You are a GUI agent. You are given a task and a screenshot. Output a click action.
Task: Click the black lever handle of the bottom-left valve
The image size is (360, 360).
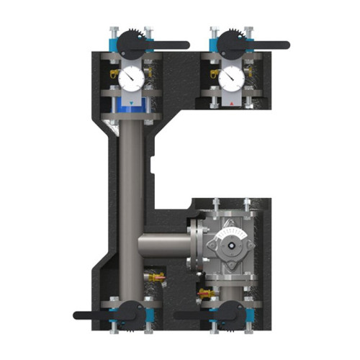click(x=94, y=315)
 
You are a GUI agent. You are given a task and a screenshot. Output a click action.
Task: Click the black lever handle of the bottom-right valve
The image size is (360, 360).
click(x=194, y=315)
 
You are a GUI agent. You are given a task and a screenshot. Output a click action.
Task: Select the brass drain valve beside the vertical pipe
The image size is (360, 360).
click(x=153, y=276)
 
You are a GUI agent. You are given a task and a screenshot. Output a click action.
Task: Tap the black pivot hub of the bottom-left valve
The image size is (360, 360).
click(x=130, y=312)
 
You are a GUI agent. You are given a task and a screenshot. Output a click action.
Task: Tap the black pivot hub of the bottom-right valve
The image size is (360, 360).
click(x=230, y=312)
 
